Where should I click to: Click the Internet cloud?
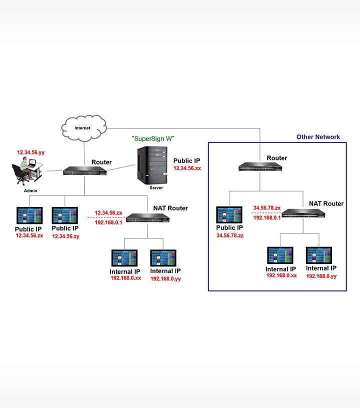click(83, 128)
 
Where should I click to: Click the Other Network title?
click(318, 137)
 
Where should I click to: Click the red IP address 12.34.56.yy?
click(31, 151)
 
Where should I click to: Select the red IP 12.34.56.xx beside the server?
click(187, 169)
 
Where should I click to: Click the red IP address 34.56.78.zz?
click(230, 235)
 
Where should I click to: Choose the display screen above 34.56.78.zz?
click(229, 215)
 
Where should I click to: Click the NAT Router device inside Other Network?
click(303, 214)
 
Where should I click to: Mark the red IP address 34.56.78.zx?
click(266, 207)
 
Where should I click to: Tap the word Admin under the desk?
click(30, 191)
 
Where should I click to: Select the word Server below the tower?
click(156, 188)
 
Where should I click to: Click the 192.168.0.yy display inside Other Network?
click(319, 255)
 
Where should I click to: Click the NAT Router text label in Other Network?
click(326, 203)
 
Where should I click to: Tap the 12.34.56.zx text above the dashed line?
click(108, 212)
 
